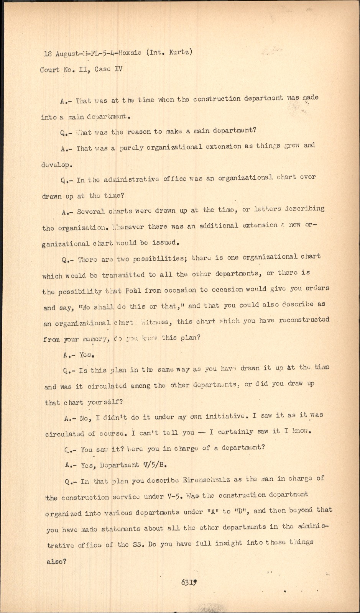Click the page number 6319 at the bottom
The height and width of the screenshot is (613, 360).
point(189,582)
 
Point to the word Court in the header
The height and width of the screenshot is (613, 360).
point(49,70)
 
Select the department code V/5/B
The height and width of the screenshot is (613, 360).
point(155,465)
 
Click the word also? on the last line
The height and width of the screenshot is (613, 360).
point(56,562)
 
